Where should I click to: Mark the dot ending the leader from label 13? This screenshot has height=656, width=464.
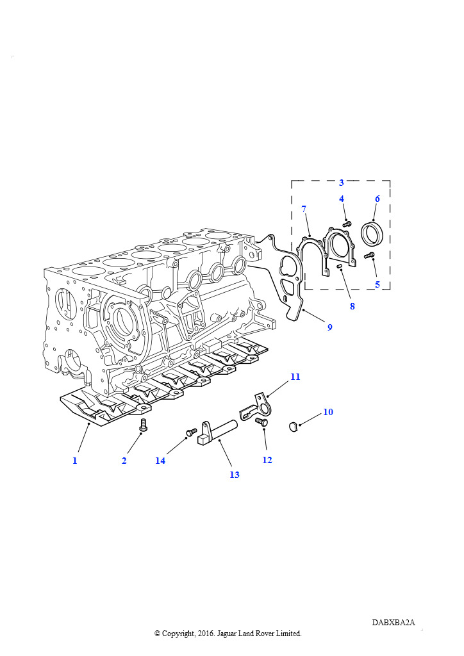(x=219, y=440)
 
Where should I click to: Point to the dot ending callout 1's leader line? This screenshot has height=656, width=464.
(x=88, y=423)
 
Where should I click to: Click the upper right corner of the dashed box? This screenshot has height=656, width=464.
(x=390, y=181)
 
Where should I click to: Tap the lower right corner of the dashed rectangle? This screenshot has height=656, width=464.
(x=390, y=289)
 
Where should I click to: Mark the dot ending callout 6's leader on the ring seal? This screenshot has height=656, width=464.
(x=373, y=220)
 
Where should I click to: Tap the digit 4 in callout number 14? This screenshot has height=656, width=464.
(x=163, y=460)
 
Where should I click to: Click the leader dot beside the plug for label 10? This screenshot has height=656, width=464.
(x=300, y=425)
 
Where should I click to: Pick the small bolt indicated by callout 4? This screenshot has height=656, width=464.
(x=346, y=224)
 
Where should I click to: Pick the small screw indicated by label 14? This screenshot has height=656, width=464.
(x=192, y=431)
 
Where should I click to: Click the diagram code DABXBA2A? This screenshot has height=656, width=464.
(x=394, y=623)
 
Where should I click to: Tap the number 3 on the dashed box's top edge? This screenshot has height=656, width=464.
(x=342, y=183)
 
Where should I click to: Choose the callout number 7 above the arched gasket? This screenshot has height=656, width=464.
(x=304, y=208)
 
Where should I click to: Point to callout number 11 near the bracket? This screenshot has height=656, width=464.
(x=295, y=377)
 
